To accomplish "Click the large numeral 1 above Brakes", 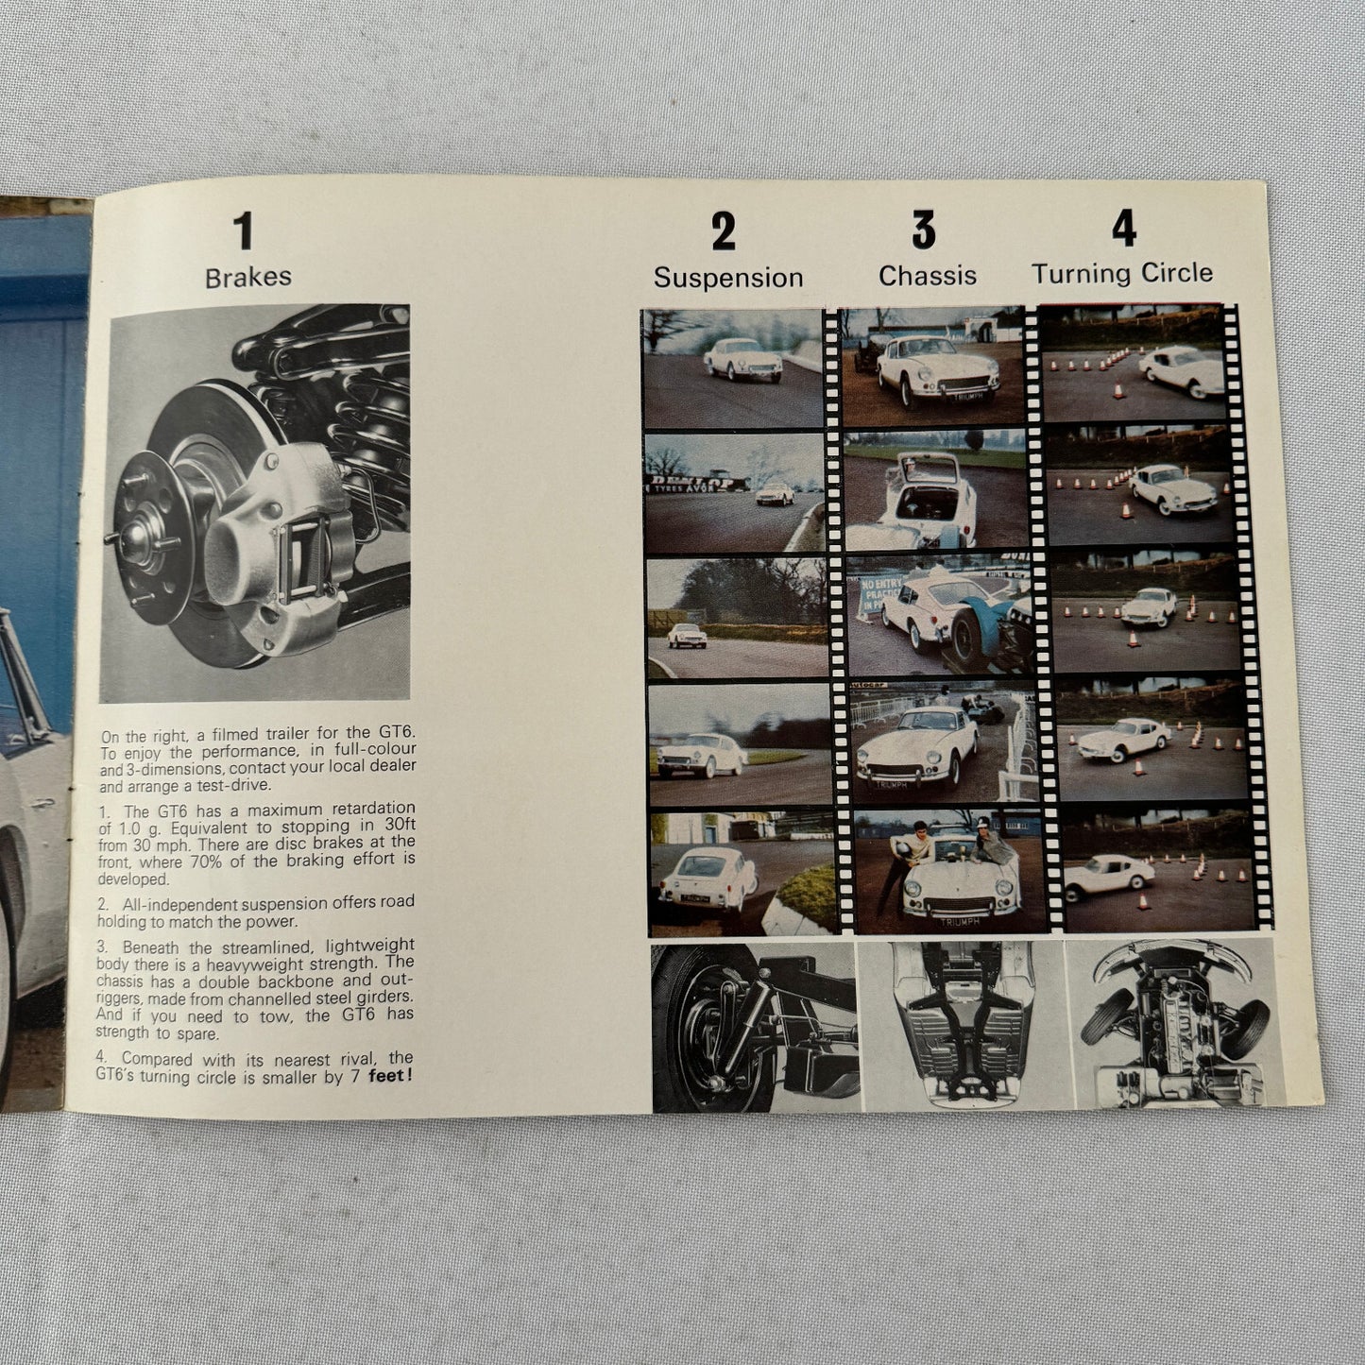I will [244, 231].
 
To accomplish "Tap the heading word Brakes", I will [247, 278].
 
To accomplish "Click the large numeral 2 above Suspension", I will [724, 231].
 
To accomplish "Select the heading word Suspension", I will [727, 278].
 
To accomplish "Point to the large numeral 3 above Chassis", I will [923, 230].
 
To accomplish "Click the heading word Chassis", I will [928, 276].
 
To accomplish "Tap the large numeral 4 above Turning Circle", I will [1123, 228].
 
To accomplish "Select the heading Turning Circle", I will [1121, 274].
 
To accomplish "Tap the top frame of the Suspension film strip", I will [733, 367].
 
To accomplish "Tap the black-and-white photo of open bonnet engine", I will [1174, 1024].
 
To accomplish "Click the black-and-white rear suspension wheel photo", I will [754, 1028].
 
